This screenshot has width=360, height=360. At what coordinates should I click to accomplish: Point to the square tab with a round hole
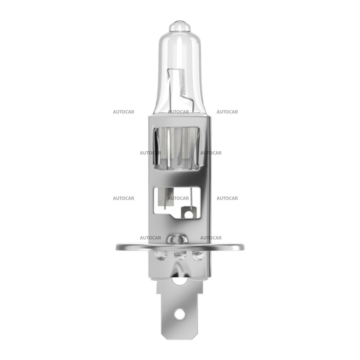point(187,211)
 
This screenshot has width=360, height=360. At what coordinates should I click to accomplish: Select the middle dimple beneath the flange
point(180,256)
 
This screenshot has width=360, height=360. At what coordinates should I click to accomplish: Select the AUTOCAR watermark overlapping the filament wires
point(178,112)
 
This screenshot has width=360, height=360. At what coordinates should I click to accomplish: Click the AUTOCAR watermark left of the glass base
point(123,112)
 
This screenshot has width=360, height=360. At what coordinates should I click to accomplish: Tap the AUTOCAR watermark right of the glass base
point(227,112)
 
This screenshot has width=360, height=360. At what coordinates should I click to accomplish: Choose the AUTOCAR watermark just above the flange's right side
point(211,238)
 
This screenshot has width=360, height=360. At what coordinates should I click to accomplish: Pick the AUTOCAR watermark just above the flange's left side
point(150,238)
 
